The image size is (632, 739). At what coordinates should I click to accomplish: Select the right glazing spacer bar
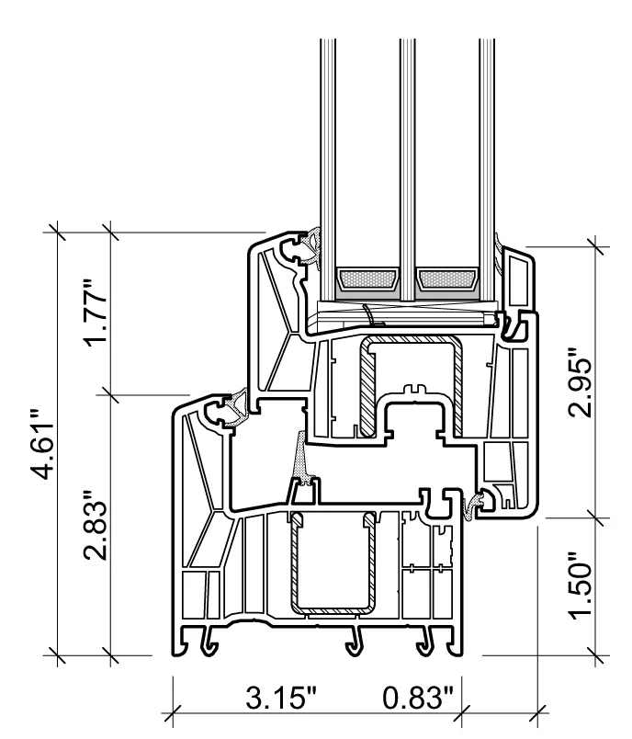(x=446, y=277)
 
